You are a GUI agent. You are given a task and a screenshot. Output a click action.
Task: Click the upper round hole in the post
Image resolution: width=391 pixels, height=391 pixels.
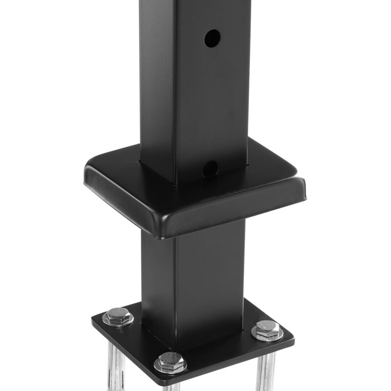212,38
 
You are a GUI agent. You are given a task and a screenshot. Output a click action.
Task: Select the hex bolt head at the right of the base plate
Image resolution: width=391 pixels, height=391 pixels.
267,330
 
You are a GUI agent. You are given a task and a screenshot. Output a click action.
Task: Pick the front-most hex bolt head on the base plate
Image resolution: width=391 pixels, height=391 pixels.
171,363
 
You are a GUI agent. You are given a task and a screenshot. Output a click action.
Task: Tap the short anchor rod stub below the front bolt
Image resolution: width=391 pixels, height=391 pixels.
171,384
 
